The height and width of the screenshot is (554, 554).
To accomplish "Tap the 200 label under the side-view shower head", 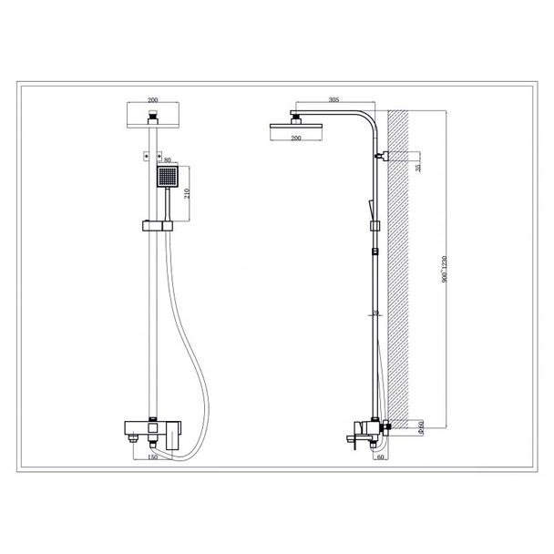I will coord(295,137).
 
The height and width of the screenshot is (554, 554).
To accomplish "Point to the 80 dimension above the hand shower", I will coord(165,160).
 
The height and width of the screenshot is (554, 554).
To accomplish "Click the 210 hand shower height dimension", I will coord(188,192).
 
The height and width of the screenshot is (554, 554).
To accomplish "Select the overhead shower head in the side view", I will coord(295,125).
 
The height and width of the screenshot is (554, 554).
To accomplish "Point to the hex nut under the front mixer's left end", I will coord(134,438).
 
